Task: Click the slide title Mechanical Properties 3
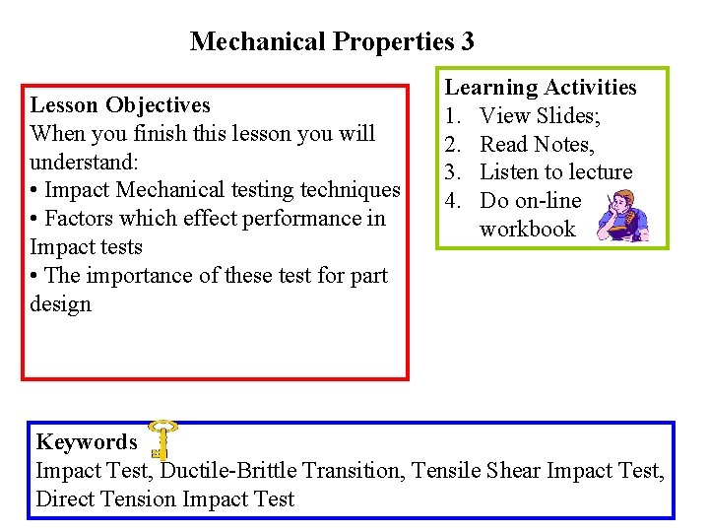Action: click(332, 41)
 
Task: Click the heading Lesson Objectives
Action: click(120, 104)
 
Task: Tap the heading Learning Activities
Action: click(542, 88)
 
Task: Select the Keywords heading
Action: click(87, 442)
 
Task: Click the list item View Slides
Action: click(541, 116)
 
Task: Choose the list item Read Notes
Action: click(537, 145)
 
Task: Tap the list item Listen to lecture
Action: click(555, 172)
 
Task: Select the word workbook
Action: click(527, 230)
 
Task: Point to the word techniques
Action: click(351, 190)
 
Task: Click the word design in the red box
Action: click(60, 304)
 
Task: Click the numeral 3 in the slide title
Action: click(466, 41)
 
